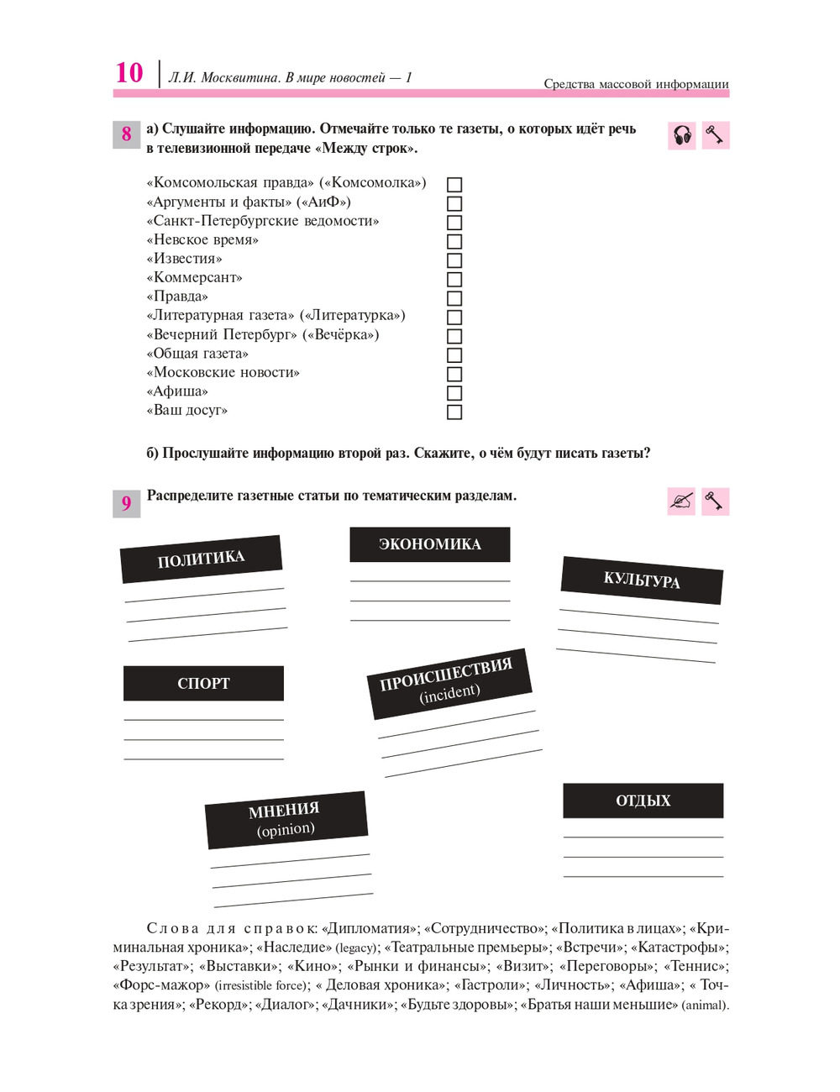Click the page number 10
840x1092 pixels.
click(x=129, y=73)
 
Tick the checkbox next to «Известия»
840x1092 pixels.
click(x=454, y=260)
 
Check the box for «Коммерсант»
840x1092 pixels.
click(x=454, y=279)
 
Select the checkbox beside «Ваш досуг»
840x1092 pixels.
click(x=454, y=412)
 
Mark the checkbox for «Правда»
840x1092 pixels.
click(x=454, y=298)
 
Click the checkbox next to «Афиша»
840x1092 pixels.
click(x=454, y=393)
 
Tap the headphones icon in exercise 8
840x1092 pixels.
click(x=682, y=135)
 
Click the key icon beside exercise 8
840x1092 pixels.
click(x=715, y=135)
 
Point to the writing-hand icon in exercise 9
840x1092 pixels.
click(x=681, y=501)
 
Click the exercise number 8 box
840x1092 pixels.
click(x=126, y=134)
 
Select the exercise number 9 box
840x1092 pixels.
click(x=126, y=503)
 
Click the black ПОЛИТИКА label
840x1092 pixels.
click(x=201, y=559)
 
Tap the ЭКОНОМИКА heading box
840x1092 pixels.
click(x=429, y=544)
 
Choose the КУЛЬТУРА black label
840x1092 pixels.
click(x=642, y=580)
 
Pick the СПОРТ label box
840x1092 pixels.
click(x=203, y=683)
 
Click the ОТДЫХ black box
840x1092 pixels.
click(x=643, y=801)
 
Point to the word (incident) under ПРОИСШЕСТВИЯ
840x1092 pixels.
click(x=450, y=694)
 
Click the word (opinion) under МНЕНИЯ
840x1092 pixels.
click(x=286, y=830)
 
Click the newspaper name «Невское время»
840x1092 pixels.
click(x=202, y=240)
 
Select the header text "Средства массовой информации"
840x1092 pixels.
click(x=636, y=84)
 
